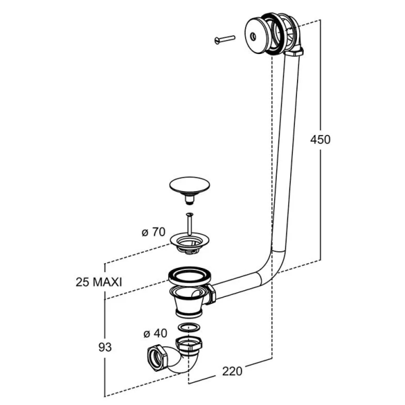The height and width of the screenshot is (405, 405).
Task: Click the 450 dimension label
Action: [x=320, y=140]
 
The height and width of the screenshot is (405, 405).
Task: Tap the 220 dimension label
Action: [x=232, y=371]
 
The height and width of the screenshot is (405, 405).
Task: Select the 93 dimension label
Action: [x=105, y=347]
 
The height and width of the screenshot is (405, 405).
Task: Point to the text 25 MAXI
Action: [x=99, y=282]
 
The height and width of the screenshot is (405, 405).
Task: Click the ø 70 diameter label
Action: [x=153, y=232]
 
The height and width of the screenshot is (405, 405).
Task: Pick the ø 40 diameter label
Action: [x=155, y=333]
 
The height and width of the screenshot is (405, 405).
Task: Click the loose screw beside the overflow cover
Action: [x=225, y=40]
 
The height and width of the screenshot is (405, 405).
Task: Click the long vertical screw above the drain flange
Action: [x=190, y=224]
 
